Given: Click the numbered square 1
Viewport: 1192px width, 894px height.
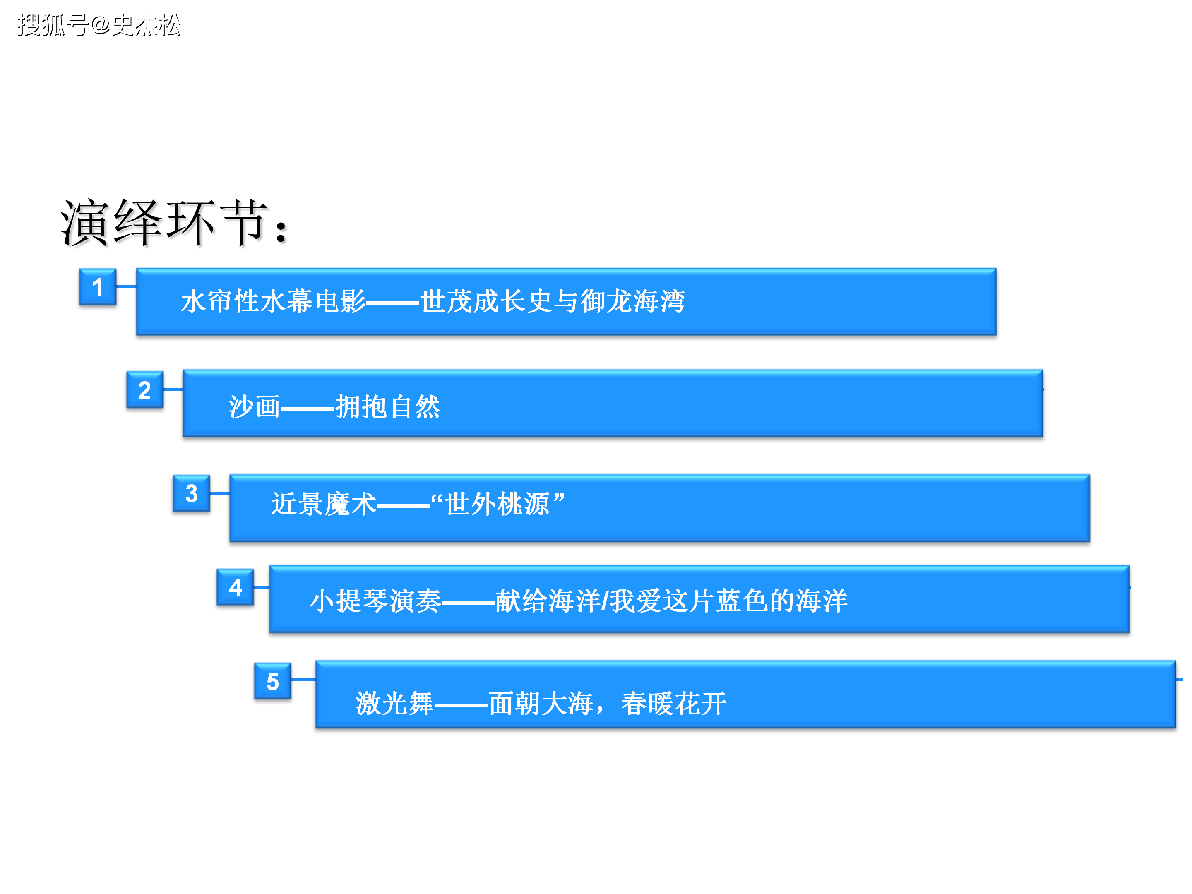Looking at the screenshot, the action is click(x=98, y=287).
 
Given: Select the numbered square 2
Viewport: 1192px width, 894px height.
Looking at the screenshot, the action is click(x=145, y=389).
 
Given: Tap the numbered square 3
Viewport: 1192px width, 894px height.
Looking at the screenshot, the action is click(x=191, y=493).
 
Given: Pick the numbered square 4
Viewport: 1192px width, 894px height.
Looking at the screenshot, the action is click(x=236, y=587).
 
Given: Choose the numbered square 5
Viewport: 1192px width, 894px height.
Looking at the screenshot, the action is click(x=273, y=681).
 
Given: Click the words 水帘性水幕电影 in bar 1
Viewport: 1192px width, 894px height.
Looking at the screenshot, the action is click(x=274, y=301).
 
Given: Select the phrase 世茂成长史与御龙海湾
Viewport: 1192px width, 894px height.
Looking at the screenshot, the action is click(x=553, y=301).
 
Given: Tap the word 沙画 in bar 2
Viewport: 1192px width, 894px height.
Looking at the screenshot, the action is click(x=255, y=406).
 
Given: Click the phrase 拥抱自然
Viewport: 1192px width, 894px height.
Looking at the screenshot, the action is click(x=388, y=406).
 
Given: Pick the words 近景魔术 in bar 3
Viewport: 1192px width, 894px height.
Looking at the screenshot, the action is click(x=324, y=504).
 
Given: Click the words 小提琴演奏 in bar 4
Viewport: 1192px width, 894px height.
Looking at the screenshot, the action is click(x=375, y=600).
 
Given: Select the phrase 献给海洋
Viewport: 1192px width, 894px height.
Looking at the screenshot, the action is click(x=548, y=600).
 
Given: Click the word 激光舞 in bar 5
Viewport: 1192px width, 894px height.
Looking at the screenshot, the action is click(x=394, y=703).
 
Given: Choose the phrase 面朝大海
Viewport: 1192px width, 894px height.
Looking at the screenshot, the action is click(x=541, y=703).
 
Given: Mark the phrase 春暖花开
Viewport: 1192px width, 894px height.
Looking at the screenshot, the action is click(x=673, y=703).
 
